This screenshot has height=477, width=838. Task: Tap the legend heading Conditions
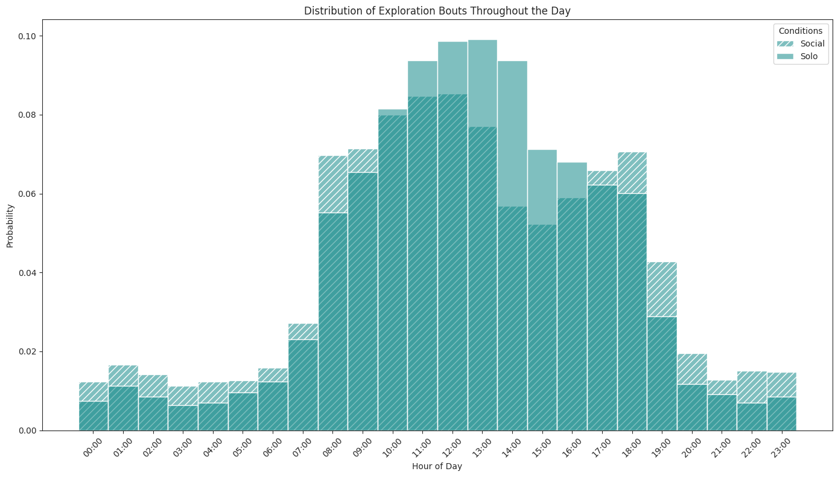click(x=800, y=31)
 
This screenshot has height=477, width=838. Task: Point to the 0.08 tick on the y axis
click(x=28, y=115)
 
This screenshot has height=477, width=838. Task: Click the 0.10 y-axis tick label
click(x=28, y=36)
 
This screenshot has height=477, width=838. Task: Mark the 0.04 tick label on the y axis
click(x=28, y=273)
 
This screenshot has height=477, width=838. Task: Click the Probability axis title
click(x=10, y=225)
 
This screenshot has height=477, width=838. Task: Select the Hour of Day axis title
click(x=437, y=466)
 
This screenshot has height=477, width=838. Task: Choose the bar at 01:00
click(x=123, y=405)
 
